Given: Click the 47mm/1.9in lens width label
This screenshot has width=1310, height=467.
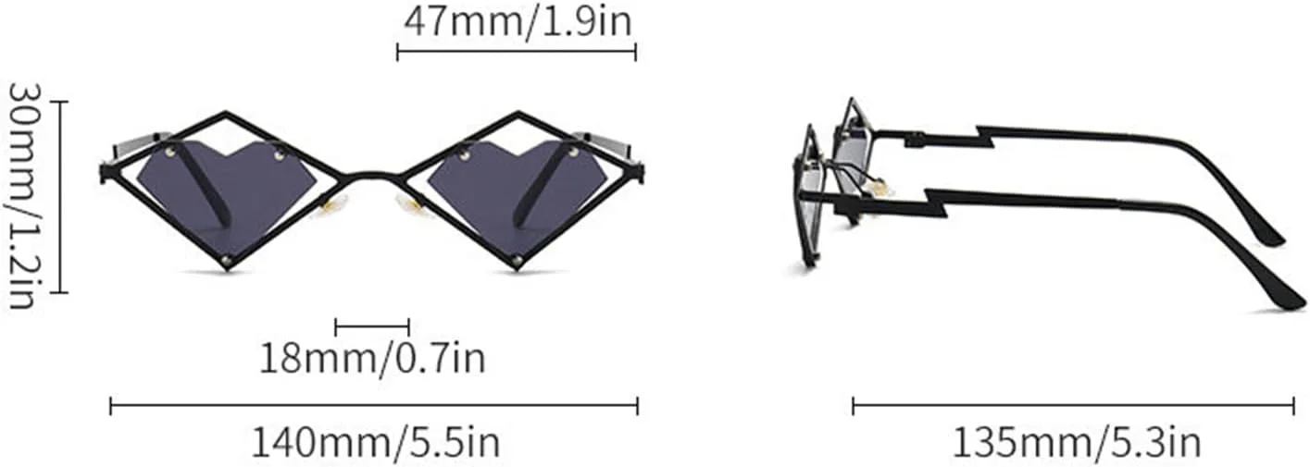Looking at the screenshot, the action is [x=518, y=23].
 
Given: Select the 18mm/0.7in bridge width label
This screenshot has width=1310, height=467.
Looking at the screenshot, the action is [x=372, y=358].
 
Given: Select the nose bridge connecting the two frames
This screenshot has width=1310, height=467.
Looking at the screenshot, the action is [x=372, y=172].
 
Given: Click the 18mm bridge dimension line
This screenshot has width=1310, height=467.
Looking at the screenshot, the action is [x=372, y=327].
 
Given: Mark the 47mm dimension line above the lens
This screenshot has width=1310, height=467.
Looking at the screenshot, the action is [x=517, y=53].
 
